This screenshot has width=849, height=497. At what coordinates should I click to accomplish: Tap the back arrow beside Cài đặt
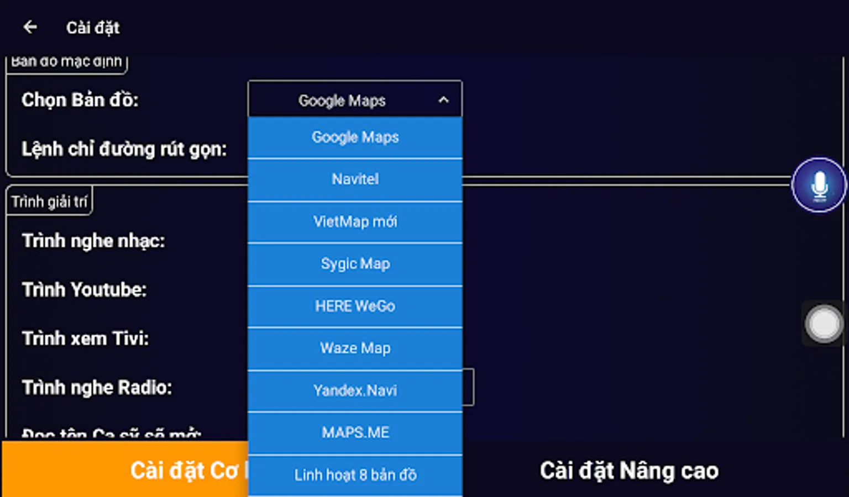pyautogui.click(x=30, y=27)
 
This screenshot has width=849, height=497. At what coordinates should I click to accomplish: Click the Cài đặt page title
pyautogui.click(x=93, y=28)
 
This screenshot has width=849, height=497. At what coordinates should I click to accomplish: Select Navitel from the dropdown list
pyautogui.click(x=355, y=179)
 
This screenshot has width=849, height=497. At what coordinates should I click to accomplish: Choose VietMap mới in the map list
pyautogui.click(x=355, y=221)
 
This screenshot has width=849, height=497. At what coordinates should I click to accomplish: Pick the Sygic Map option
pyautogui.click(x=355, y=264)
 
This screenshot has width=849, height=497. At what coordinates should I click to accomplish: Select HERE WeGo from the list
pyautogui.click(x=355, y=306)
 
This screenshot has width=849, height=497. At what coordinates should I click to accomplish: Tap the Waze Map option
pyautogui.click(x=355, y=348)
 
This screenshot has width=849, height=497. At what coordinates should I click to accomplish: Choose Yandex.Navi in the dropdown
pyautogui.click(x=355, y=390)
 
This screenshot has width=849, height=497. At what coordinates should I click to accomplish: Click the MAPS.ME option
pyautogui.click(x=355, y=432)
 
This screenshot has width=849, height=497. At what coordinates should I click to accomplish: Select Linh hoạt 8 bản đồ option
pyautogui.click(x=355, y=475)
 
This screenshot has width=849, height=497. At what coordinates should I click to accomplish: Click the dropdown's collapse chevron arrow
pyautogui.click(x=443, y=100)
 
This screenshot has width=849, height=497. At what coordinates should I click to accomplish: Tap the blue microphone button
pyautogui.click(x=819, y=185)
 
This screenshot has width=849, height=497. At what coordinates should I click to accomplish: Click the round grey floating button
pyautogui.click(x=823, y=324)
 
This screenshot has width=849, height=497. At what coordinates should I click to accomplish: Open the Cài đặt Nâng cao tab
pyautogui.click(x=629, y=470)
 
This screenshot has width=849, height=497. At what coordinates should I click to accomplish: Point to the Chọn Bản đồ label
pyautogui.click(x=80, y=100)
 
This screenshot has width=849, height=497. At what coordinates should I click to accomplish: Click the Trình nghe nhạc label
pyautogui.click(x=93, y=241)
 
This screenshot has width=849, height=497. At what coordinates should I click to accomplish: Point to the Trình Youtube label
pyautogui.click(x=85, y=289)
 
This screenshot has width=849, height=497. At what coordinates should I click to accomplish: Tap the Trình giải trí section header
pyautogui.click(x=49, y=202)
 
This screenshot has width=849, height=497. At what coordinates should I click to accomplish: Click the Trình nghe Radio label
pyautogui.click(x=97, y=387)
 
